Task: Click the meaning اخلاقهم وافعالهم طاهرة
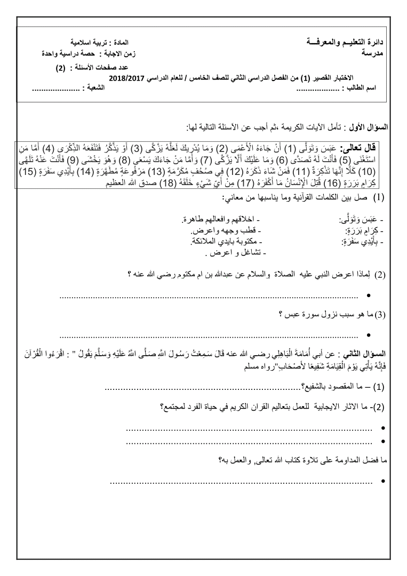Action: coord(217,219)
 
